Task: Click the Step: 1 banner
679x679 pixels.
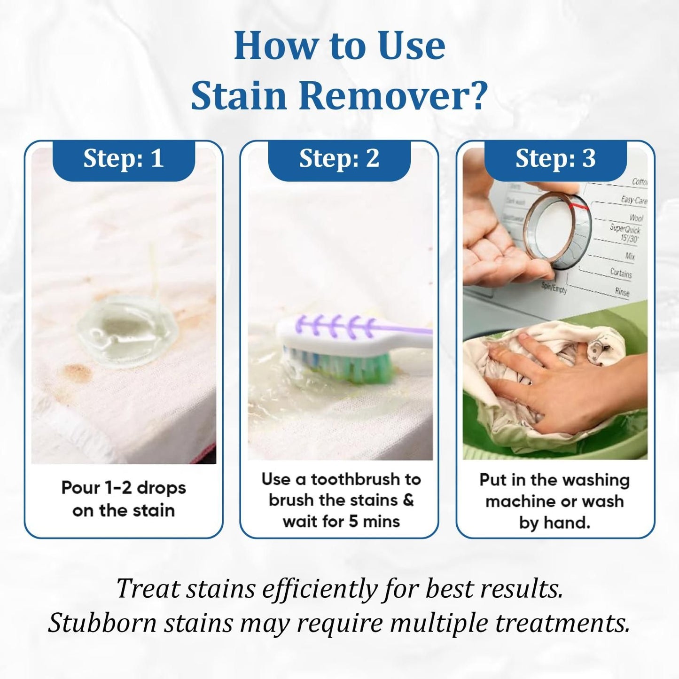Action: [x=124, y=159]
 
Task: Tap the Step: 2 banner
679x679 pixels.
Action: [x=339, y=159]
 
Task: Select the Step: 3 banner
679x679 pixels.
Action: [x=555, y=159]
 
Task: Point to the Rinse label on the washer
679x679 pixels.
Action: [x=622, y=291]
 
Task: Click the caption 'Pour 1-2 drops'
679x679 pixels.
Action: [x=124, y=488]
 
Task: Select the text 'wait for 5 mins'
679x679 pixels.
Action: [x=341, y=522]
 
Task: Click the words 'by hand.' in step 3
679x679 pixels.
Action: [x=554, y=523]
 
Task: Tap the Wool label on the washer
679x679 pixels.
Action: [x=636, y=218]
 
